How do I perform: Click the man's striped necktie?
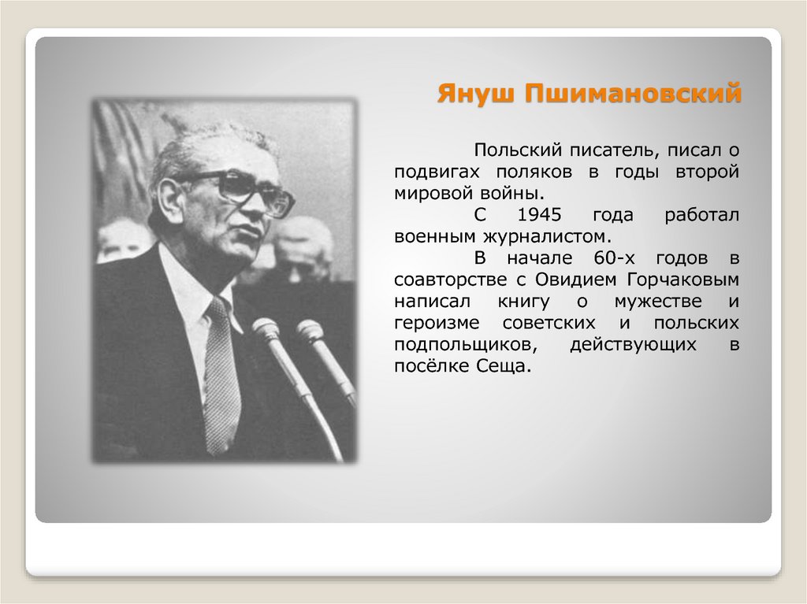(220, 378)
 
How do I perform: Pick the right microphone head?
(309, 330)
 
